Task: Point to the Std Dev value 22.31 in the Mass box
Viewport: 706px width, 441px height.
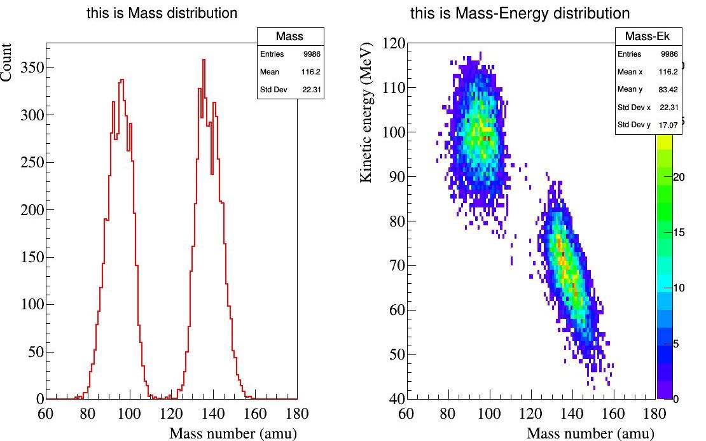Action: pos(312,90)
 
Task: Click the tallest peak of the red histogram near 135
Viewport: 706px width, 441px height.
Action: pos(204,60)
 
